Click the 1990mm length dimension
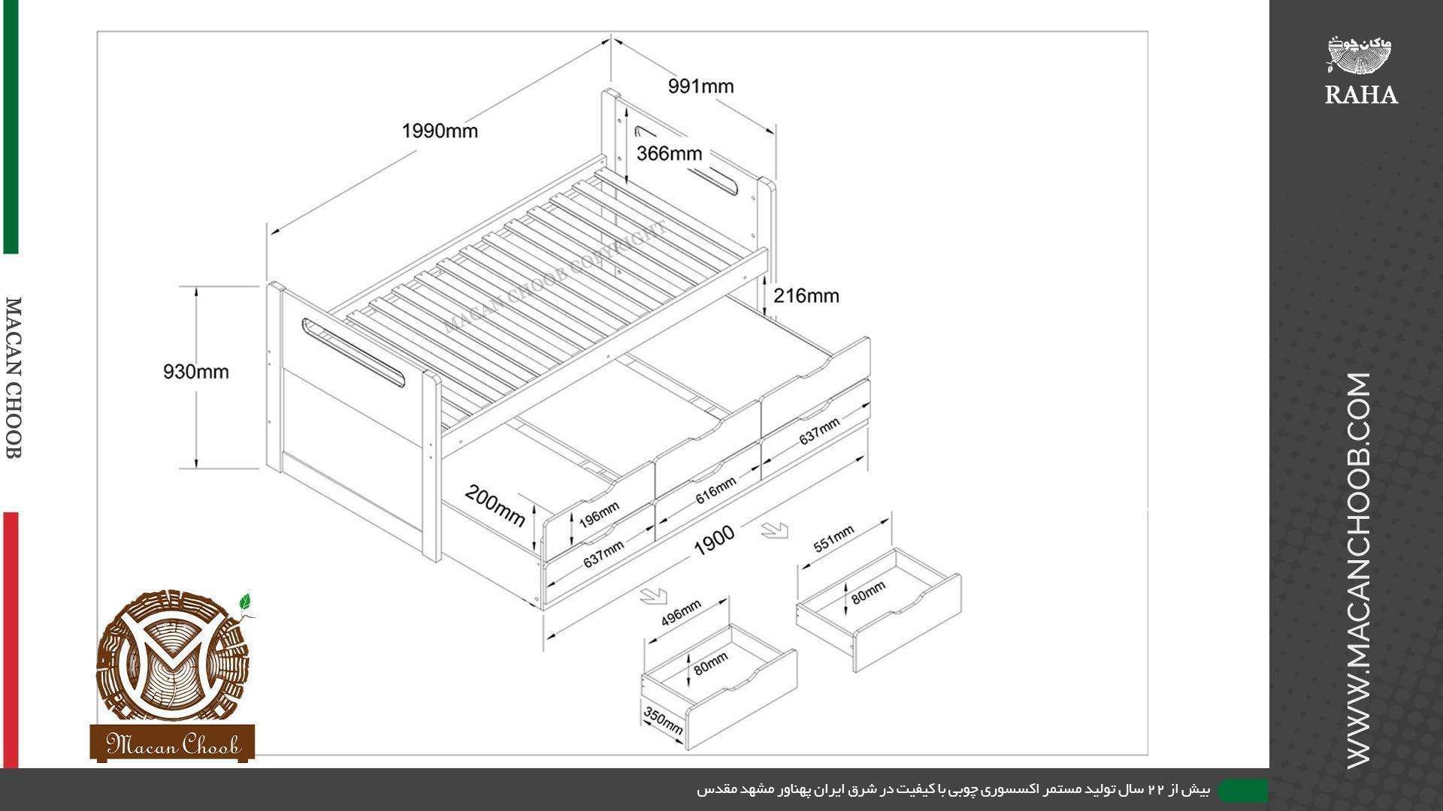point(440,131)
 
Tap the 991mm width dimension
point(700,86)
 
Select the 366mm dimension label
point(669,153)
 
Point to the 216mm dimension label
point(806,296)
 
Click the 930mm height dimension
point(196,372)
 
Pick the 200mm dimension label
point(495,505)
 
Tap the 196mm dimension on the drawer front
point(599,514)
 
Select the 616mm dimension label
point(715,490)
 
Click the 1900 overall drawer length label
point(714,541)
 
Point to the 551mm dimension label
point(833,538)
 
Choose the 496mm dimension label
point(681,613)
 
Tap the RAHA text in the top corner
point(1361,95)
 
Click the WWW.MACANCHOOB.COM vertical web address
point(1360,571)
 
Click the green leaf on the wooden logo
point(244,601)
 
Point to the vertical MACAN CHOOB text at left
point(14,378)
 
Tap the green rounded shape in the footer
point(1242,790)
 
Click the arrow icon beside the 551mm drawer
point(774,530)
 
